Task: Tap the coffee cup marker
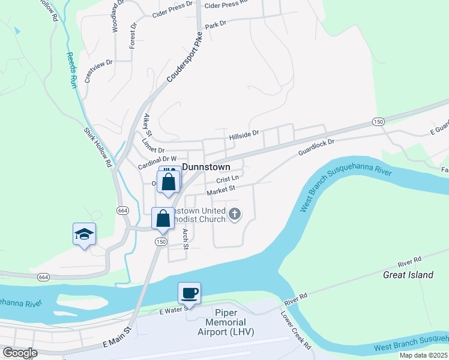pos(190,293)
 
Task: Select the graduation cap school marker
pos(84,234)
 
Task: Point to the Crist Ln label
pos(228,179)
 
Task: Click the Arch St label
pos(185,238)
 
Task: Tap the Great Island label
pos(408,275)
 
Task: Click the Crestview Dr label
pos(99,71)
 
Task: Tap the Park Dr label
pos(215,25)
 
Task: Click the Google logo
pos(19,353)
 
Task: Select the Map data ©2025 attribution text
pos(423,355)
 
